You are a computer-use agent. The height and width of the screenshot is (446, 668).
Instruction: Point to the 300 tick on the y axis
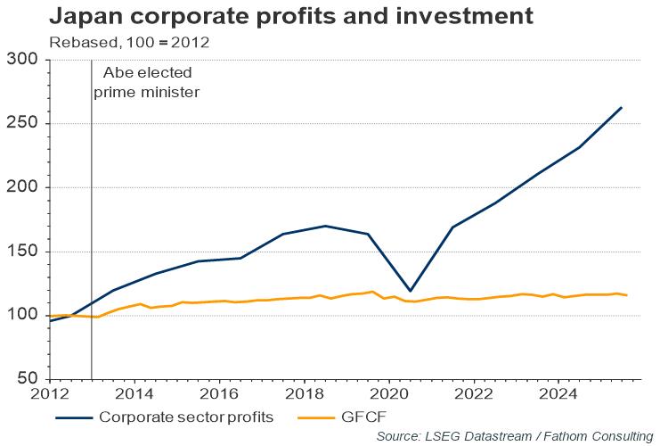pyautogui.click(x=25, y=60)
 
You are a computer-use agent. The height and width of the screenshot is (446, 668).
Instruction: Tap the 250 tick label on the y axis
pyautogui.click(x=25, y=124)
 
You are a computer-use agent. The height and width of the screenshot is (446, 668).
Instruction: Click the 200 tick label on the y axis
pyautogui.click(x=25, y=188)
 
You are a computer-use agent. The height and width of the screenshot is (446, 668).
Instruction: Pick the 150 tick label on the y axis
pyautogui.click(x=25, y=252)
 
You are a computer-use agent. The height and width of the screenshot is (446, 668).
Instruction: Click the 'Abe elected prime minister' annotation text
pyautogui.click(x=147, y=82)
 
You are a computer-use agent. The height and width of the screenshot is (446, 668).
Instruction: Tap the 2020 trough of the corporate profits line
pyautogui.click(x=411, y=291)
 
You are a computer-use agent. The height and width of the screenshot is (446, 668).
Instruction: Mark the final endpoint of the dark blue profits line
pyautogui.click(x=622, y=108)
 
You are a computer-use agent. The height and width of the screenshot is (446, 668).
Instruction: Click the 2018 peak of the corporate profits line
pyautogui.click(x=326, y=226)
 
